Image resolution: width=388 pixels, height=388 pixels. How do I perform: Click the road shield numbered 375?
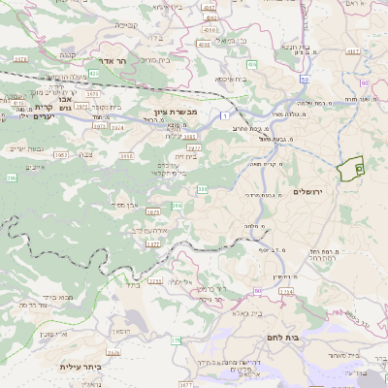[x=177, y=340]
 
